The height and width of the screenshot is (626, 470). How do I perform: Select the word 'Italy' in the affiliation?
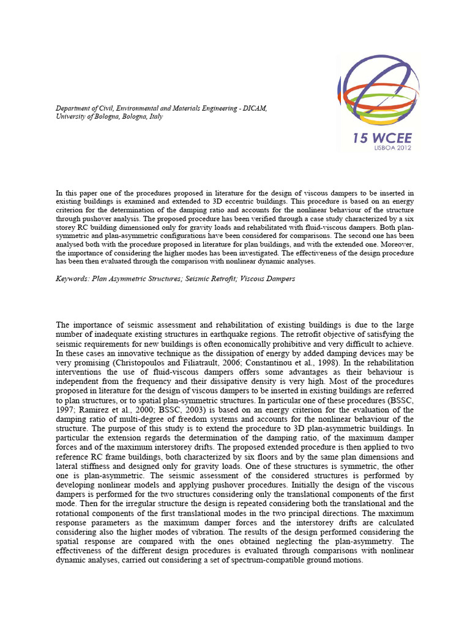pos(155,116)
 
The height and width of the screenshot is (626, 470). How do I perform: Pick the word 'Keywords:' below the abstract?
pos(72,278)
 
